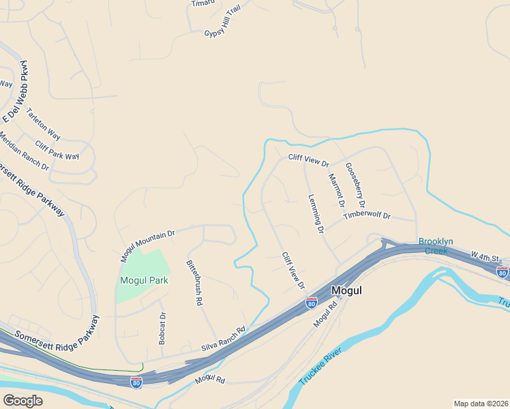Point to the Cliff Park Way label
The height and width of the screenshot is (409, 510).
coord(57,151)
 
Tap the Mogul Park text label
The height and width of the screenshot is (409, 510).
coord(144,280)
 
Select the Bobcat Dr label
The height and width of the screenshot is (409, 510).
coord(162,328)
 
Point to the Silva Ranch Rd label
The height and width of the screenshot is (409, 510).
coord(223,339)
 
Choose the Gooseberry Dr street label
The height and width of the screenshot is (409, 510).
coord(355,185)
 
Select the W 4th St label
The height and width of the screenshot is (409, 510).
coord(486,258)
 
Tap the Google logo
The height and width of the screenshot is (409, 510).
coord(22,401)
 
